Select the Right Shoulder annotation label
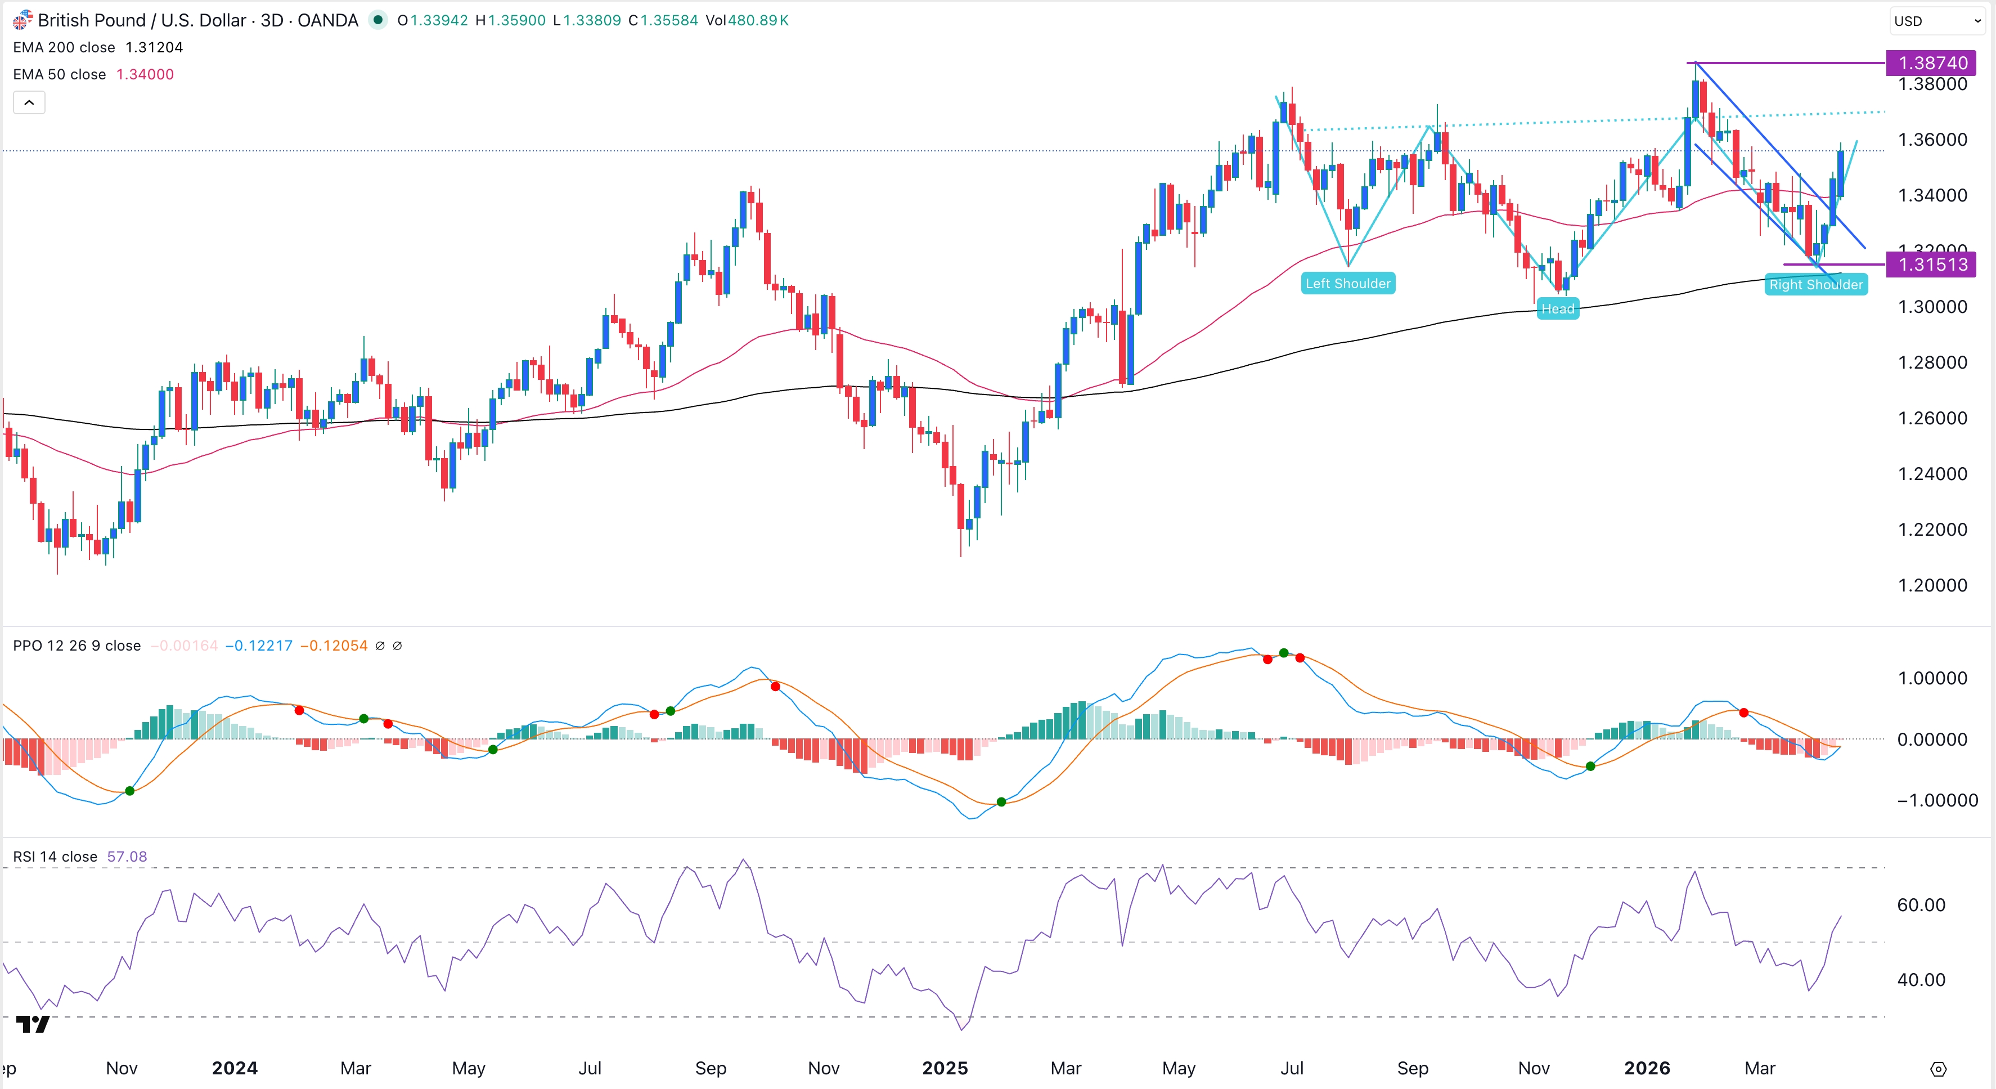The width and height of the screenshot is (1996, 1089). (x=1815, y=284)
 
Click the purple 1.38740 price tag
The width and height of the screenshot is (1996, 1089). (x=1932, y=63)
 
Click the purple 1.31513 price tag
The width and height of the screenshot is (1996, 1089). (x=1932, y=265)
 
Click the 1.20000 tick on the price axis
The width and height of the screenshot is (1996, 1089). (x=1932, y=585)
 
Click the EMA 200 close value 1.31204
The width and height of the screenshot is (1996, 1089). (x=154, y=47)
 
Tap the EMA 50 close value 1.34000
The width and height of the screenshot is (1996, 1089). (x=145, y=74)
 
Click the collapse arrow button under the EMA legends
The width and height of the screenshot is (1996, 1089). (x=29, y=102)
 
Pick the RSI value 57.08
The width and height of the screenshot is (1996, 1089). (x=127, y=857)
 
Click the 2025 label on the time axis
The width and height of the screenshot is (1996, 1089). (x=945, y=1068)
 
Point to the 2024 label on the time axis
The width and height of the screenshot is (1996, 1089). (x=235, y=1068)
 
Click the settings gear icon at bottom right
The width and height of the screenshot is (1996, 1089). (x=1938, y=1070)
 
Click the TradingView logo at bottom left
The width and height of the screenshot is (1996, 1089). (x=33, y=1025)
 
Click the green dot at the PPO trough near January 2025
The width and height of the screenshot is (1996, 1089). (x=1001, y=802)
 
